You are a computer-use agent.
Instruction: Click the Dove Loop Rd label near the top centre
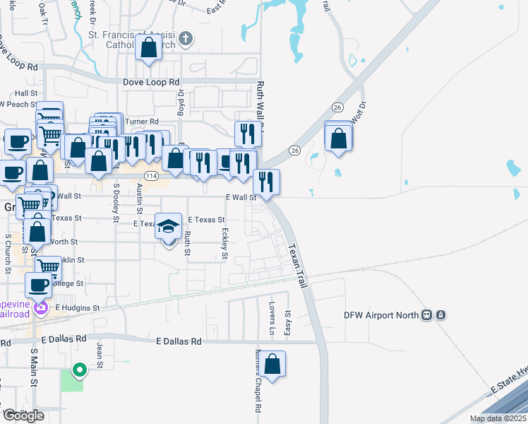pyautogui.click(x=151, y=82)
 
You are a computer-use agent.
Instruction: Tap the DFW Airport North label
pyautogui.click(x=381, y=315)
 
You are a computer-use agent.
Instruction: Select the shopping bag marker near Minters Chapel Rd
pyautogui.click(x=272, y=365)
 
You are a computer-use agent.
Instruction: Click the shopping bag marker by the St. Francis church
pyautogui.click(x=149, y=49)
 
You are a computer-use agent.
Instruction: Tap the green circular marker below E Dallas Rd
pyautogui.click(x=80, y=369)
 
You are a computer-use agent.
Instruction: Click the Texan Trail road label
pyautogui.click(x=297, y=266)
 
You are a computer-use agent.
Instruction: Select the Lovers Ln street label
pyautogui.click(x=272, y=319)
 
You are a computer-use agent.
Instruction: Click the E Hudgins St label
pyautogui.click(x=78, y=308)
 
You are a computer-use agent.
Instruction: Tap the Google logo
pyautogui.click(x=23, y=416)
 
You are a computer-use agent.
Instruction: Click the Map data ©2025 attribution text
pyautogui.click(x=497, y=418)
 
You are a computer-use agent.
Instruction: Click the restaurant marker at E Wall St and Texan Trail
pyautogui.click(x=267, y=182)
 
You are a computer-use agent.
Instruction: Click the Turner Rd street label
pyautogui.click(x=142, y=122)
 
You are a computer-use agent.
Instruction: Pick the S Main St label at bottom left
pyautogui.click(x=33, y=367)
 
